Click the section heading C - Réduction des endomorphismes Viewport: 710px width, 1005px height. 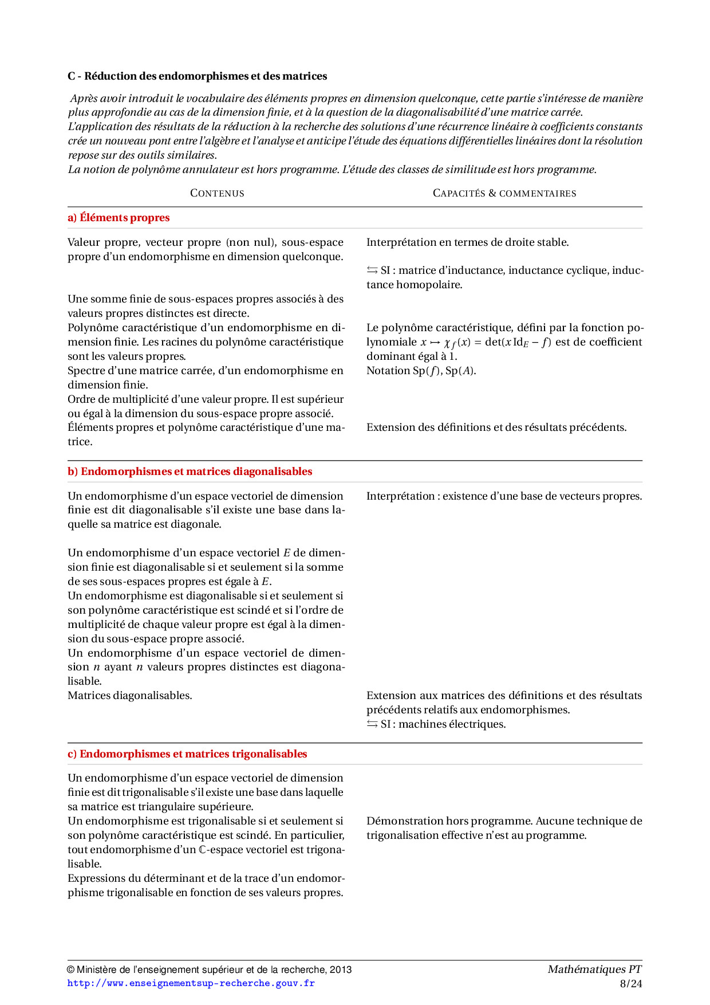coord(197,76)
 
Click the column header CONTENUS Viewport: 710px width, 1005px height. coord(217,194)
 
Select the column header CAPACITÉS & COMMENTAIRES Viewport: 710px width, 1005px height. coord(504,194)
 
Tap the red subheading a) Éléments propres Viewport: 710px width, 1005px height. coord(119,218)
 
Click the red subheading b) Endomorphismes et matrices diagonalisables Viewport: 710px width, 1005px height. coord(190,472)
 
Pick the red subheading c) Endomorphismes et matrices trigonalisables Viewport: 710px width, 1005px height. coord(187,754)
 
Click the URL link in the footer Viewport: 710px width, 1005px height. coord(191,983)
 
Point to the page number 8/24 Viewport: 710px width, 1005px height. coord(631,984)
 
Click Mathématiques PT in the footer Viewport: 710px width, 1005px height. coord(594,969)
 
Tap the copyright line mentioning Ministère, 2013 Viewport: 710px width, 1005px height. coord(209,969)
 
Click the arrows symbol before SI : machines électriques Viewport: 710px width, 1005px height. coord(372,724)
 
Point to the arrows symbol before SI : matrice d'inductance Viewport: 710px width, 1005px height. coord(372,270)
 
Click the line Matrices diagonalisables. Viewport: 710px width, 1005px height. coord(129,696)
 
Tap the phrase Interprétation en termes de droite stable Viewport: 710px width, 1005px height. coord(467,242)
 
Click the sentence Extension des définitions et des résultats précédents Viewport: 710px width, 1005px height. coord(496,427)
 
